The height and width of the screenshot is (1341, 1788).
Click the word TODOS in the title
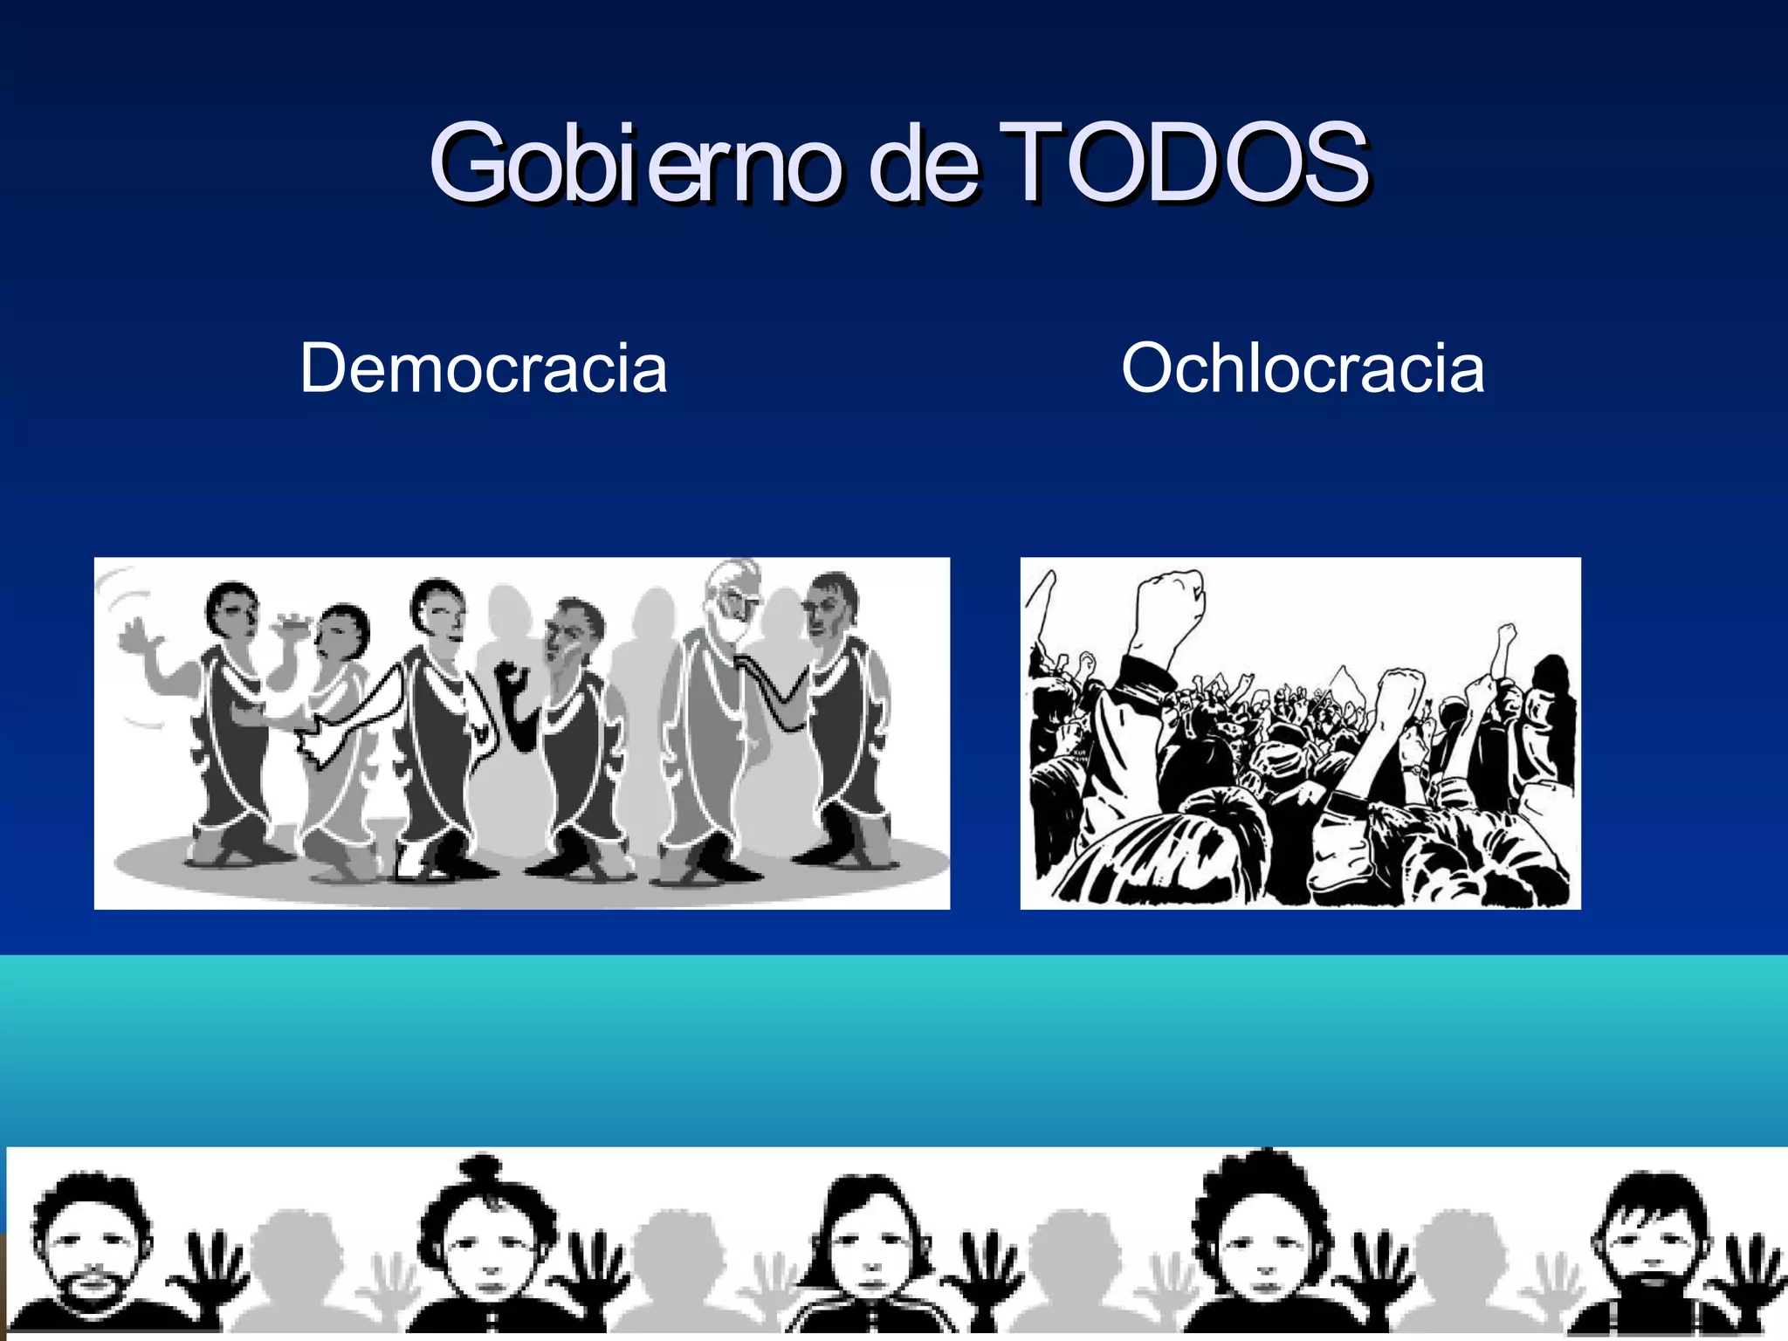tap(1183, 162)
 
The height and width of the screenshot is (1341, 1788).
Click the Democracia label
tap(484, 368)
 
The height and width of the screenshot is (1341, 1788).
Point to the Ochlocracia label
tap(1303, 368)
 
